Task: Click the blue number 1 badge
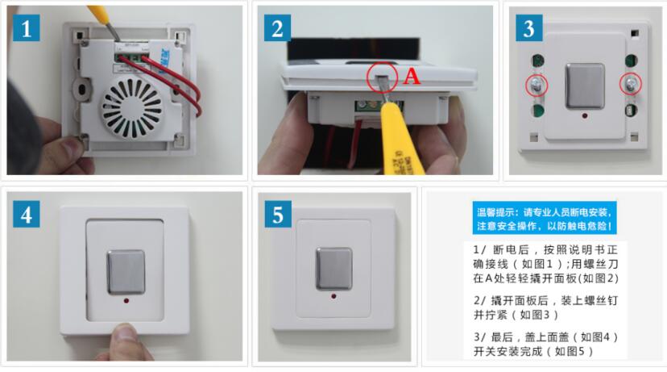click(27, 27)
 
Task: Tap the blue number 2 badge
click(277, 27)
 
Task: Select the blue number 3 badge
click(528, 27)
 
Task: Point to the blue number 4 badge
click(27, 214)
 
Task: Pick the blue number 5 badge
click(278, 214)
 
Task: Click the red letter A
click(412, 77)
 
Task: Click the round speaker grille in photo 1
click(131, 109)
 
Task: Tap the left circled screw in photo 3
click(536, 86)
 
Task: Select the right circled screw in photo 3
click(630, 84)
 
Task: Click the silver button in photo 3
click(585, 86)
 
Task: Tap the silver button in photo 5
click(334, 268)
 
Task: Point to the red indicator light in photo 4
click(126, 301)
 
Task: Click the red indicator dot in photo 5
click(333, 295)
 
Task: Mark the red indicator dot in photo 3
click(585, 115)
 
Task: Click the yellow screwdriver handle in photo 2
click(399, 140)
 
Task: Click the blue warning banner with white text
click(545, 218)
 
